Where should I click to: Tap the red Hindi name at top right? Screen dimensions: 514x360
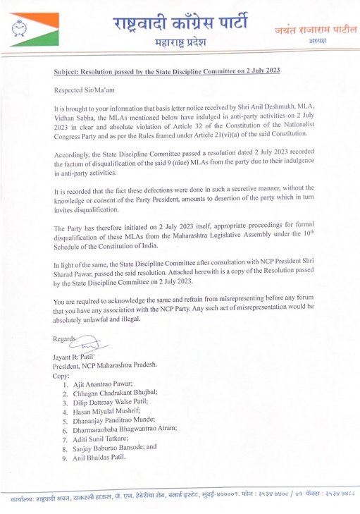click(308, 30)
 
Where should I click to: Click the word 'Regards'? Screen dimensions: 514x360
click(64, 339)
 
